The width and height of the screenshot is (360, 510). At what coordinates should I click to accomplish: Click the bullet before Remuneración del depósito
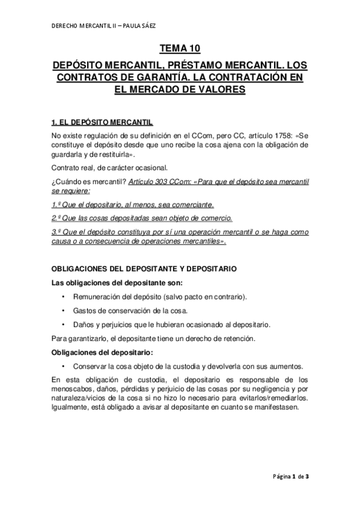point(63,298)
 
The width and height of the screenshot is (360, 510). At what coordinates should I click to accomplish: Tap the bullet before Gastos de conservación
point(63,311)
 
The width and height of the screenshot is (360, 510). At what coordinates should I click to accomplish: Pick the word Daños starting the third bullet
point(84,324)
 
